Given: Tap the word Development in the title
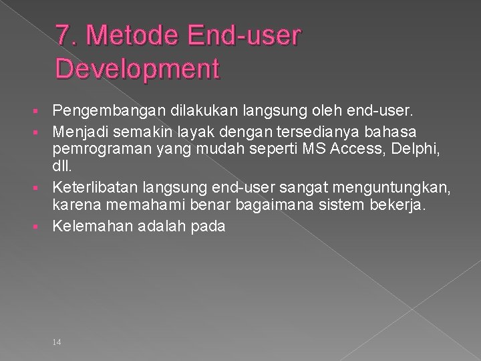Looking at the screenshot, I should [138, 68].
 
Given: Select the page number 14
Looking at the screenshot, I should [56, 324].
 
